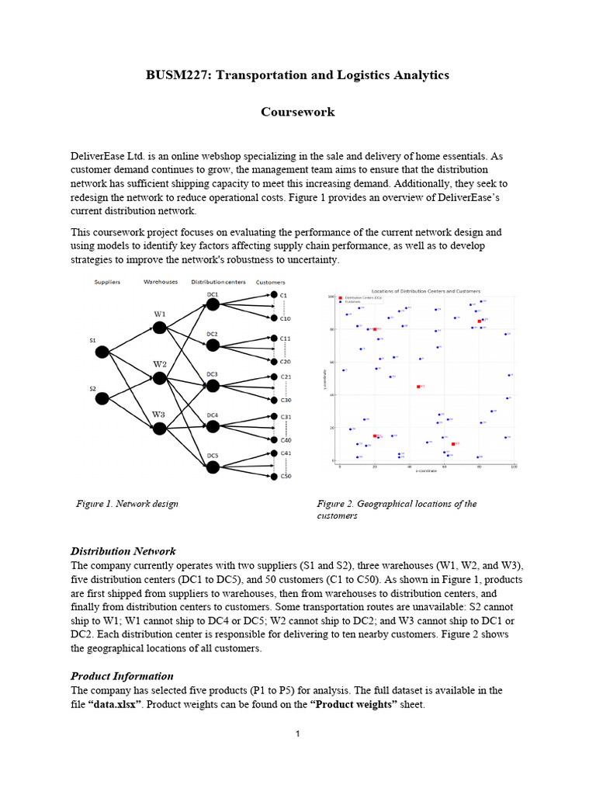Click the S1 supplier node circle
coord(102,352)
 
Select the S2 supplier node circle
coord(102,398)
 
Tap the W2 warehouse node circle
coord(160,378)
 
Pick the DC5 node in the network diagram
coord(213,467)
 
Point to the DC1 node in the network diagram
coord(213,305)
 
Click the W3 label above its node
coord(158,415)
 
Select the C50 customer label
coord(285,476)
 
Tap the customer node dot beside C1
coord(274,295)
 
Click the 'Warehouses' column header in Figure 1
coord(161,283)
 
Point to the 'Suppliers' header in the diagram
coord(106,283)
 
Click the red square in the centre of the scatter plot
coord(418,386)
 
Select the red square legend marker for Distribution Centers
coord(340,297)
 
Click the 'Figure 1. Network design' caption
coord(127,504)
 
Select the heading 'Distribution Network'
coord(123,551)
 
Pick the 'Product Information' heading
coord(122,675)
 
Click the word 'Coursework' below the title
coord(298,112)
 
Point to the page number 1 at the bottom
coord(298,734)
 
